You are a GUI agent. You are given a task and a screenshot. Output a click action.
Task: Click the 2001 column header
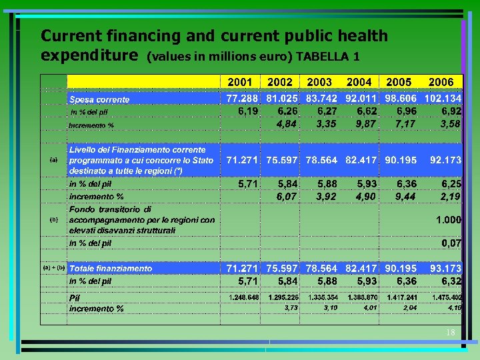240,82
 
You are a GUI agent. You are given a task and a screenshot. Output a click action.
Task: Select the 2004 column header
359,82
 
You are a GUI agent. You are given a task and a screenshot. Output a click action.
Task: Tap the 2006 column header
441,82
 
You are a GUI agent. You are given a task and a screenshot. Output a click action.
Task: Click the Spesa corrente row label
100,99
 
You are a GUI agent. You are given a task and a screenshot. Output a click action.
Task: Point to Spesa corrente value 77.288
241,99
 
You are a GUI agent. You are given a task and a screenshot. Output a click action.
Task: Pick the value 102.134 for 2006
443,99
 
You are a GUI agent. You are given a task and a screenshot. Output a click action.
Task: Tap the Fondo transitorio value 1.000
449,220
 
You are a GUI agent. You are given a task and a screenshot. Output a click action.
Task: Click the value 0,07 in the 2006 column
451,243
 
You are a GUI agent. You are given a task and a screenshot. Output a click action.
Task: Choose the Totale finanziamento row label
111,269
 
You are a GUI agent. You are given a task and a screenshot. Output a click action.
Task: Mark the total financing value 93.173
445,268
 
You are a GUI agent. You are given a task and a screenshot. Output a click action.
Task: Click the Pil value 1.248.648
244,297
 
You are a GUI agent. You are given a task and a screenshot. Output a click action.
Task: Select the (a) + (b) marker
54,267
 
